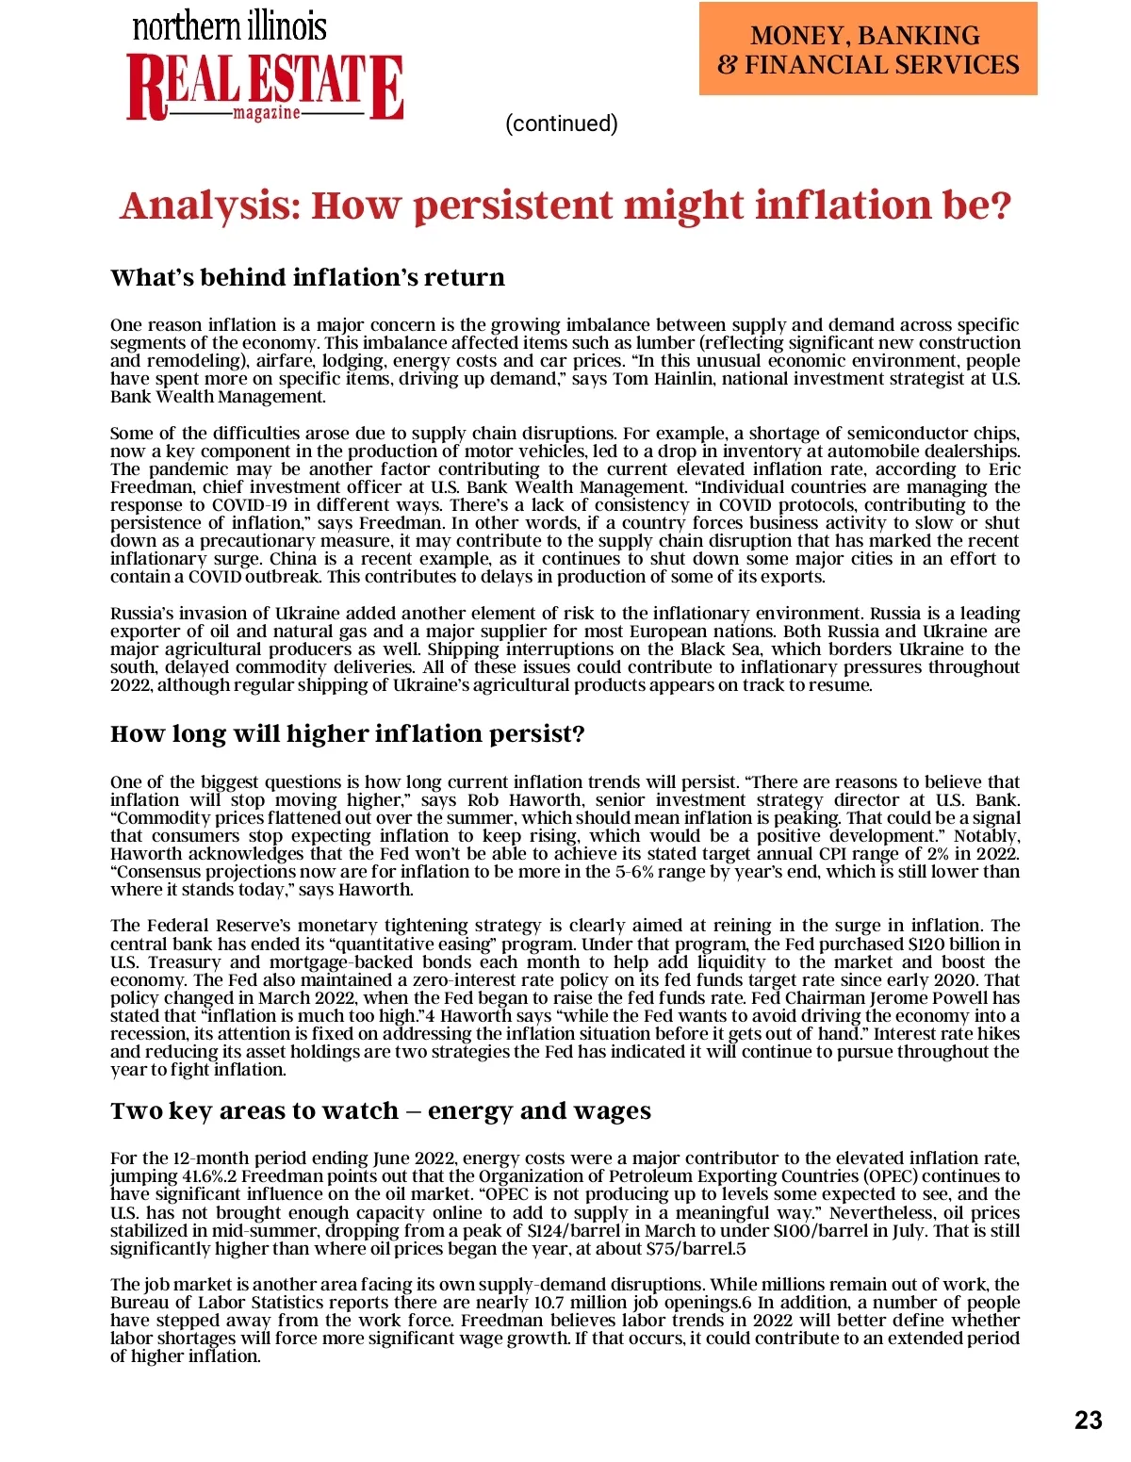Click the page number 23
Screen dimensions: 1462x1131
pos(1088,1421)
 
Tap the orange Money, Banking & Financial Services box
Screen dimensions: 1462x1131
pos(867,49)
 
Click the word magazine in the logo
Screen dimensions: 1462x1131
pos(267,113)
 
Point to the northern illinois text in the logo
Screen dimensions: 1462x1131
pos(229,25)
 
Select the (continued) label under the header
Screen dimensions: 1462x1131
pos(562,123)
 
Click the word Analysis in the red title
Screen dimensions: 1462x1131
pos(210,205)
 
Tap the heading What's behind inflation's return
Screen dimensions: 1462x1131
pos(307,277)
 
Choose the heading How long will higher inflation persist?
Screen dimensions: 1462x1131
pos(347,733)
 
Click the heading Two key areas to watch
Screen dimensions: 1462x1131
pos(254,1110)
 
